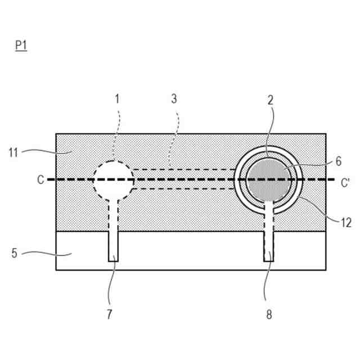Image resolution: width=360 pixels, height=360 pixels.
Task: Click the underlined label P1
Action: [21, 46]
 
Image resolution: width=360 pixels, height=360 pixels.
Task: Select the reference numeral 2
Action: [270, 100]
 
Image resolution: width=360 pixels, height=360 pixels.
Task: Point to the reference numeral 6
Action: [338, 160]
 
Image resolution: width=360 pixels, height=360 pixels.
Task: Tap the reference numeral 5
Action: [15, 253]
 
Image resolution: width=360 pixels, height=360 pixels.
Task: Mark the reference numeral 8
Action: [269, 314]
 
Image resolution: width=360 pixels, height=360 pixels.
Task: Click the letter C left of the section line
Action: [40, 180]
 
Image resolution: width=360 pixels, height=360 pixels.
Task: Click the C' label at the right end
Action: [345, 182]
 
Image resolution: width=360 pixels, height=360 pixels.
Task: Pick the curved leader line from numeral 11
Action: [42, 150]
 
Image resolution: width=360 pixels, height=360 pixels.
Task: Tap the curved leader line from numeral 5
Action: [45, 253]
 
